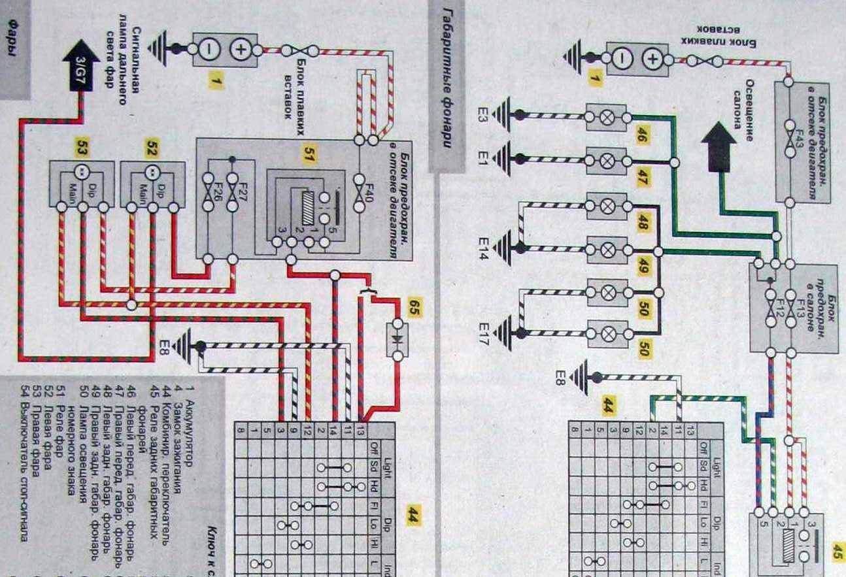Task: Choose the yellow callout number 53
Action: pos(81,148)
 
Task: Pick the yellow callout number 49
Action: pos(641,265)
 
